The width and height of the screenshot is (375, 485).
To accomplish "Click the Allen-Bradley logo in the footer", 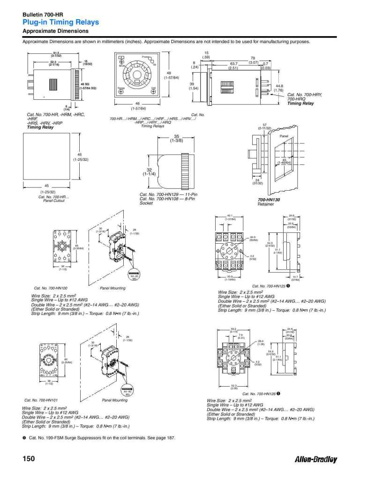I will pyautogui.click(x=315, y=459).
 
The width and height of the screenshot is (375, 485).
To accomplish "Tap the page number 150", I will pyautogui.click(x=29, y=459).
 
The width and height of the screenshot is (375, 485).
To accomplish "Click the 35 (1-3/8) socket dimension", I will pyautogui.click(x=176, y=138).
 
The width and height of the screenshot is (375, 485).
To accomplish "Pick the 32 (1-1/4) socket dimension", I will pyautogui.click(x=149, y=172).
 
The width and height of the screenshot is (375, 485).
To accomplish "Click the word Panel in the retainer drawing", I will pyautogui.click(x=284, y=135).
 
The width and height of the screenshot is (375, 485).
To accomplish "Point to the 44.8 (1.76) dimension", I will pyautogui.click(x=279, y=88).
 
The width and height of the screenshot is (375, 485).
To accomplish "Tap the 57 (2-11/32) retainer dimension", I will pyautogui.click(x=264, y=126).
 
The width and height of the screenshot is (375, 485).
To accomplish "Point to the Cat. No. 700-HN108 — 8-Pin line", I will pyautogui.click(x=167, y=199).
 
